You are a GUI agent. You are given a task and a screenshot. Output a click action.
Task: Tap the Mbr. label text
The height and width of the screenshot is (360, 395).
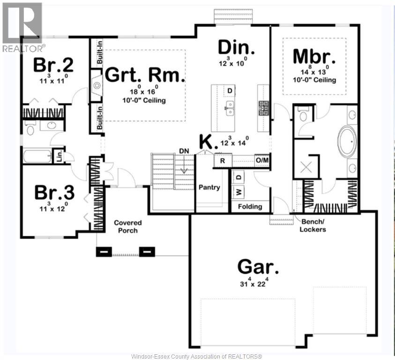[314, 57]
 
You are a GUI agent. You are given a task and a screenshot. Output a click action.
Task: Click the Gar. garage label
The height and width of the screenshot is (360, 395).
[258, 266]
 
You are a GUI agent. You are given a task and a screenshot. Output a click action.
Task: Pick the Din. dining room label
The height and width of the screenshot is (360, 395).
[237, 48]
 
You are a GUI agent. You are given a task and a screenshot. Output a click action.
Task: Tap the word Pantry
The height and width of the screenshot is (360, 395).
[209, 187]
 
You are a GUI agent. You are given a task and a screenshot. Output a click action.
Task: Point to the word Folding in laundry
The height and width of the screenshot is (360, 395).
[250, 206]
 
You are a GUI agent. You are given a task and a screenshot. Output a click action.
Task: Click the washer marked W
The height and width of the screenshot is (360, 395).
[238, 191]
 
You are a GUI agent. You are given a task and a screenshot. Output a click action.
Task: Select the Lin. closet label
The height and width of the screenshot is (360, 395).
[59, 156]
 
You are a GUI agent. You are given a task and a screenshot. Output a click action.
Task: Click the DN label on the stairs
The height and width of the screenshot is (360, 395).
[184, 151]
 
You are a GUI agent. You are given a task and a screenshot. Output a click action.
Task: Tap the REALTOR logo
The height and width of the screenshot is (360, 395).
[22, 27]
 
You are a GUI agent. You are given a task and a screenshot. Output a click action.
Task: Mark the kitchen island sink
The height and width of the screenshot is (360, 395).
[230, 107]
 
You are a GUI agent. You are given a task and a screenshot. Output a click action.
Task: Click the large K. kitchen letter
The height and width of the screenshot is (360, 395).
[206, 141]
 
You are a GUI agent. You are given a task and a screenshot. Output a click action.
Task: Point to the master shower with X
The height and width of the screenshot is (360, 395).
[306, 166]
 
